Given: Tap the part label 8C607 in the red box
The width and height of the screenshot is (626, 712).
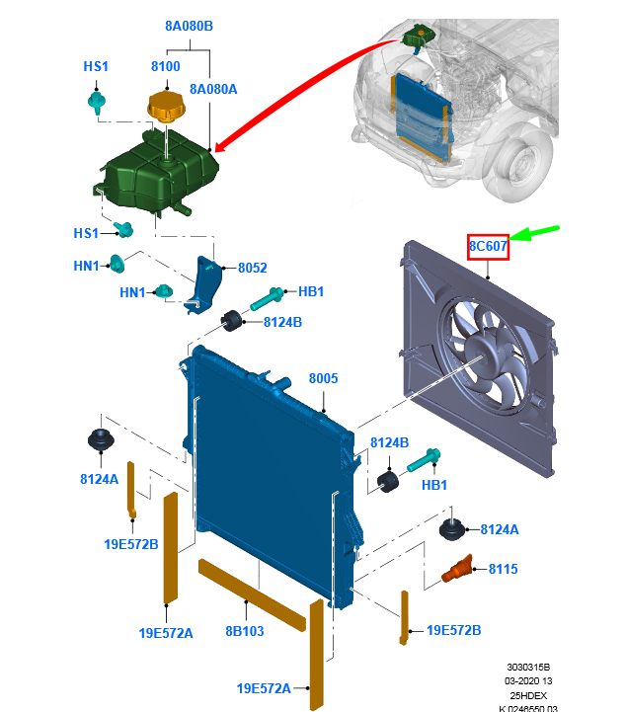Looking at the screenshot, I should click(488, 245).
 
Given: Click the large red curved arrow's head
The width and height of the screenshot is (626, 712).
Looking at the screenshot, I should click(219, 149).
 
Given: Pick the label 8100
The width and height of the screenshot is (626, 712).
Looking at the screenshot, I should click(165, 67).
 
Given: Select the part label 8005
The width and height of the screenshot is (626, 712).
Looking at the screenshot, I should click(323, 378).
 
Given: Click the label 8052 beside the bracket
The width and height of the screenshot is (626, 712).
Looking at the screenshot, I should click(253, 268).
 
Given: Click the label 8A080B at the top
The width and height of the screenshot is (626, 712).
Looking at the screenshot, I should click(189, 27).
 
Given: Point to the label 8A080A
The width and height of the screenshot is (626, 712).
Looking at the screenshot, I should click(213, 89).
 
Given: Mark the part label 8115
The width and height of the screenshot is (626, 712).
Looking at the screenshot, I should click(503, 570).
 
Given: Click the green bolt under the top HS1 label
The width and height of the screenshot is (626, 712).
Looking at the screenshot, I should click(97, 101).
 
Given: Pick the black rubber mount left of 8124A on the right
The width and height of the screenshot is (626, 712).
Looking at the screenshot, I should click(451, 529).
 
